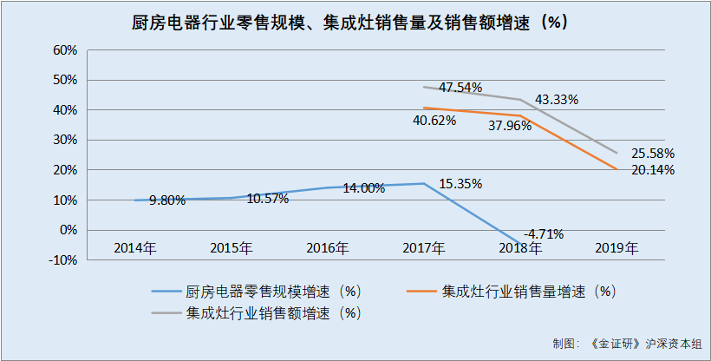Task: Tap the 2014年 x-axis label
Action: (135, 248)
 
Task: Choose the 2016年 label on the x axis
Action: (328, 248)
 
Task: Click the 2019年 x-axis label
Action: (616, 248)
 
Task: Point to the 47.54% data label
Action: (461, 88)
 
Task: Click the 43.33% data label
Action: (557, 99)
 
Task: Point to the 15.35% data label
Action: (461, 184)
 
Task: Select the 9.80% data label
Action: (167, 200)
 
